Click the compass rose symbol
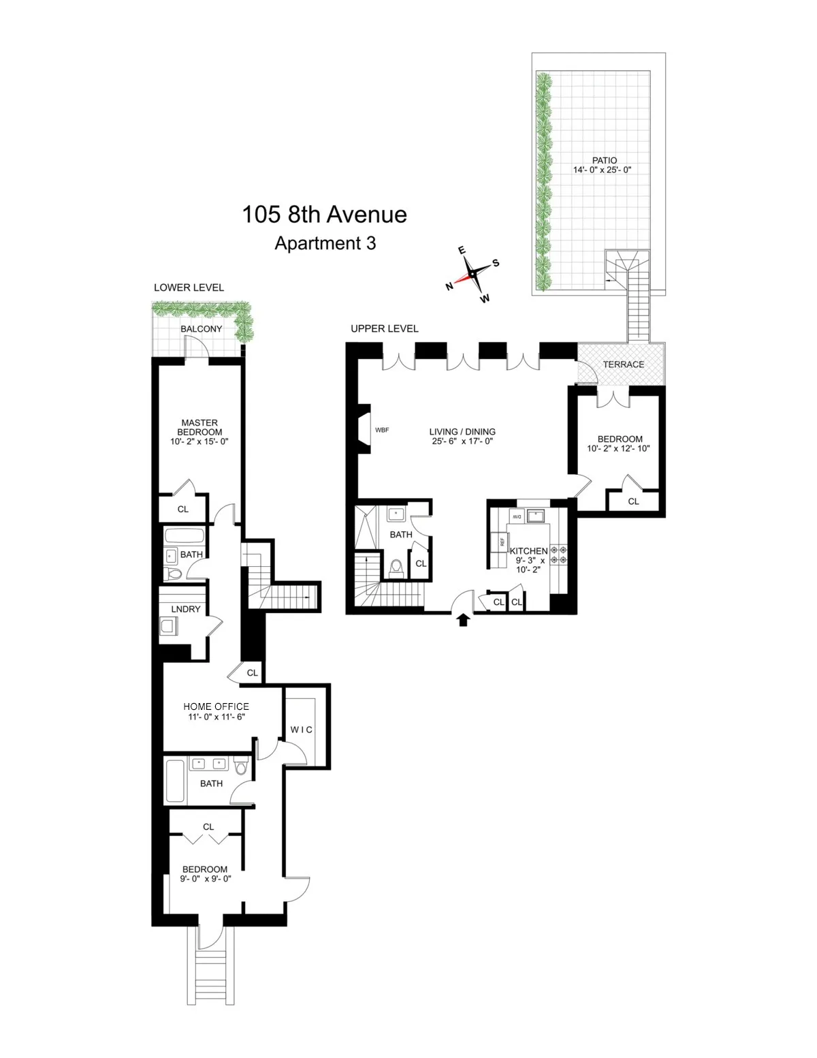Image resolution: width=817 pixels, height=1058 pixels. [x=472, y=274]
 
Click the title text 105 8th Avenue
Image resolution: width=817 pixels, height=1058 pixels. [x=324, y=215]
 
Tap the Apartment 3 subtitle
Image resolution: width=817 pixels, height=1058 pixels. [x=325, y=243]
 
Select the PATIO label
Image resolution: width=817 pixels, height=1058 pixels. [x=604, y=161]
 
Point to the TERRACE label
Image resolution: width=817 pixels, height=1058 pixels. [x=623, y=364]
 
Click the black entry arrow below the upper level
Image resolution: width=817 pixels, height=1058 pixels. [x=463, y=619]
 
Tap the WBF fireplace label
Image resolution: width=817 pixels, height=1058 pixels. [x=382, y=430]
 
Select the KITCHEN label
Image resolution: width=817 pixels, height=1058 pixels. [x=528, y=551]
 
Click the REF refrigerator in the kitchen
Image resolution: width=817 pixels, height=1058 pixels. [x=502, y=542]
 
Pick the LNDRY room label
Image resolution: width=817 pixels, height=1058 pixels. [x=186, y=609]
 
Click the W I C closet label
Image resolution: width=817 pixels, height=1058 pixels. [x=302, y=730]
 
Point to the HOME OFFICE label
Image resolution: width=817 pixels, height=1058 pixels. [x=216, y=706]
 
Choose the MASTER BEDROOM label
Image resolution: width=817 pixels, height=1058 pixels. [x=199, y=427]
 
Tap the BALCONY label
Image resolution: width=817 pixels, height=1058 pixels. [x=201, y=329]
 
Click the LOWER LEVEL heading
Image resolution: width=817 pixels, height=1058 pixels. [x=189, y=287]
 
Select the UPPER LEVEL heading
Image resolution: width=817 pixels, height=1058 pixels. [x=385, y=328]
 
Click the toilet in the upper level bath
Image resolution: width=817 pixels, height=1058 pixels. [x=396, y=567]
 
